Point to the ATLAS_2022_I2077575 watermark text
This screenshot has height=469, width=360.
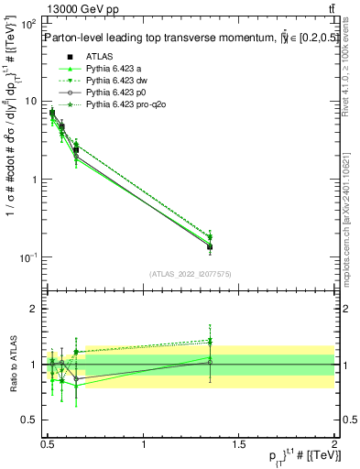pos(190,274)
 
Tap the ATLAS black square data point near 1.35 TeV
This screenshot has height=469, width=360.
pos(210,246)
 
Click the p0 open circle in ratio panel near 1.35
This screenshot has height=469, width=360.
pos(210,362)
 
